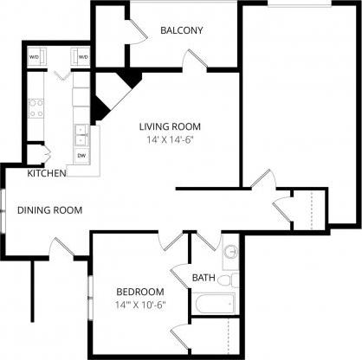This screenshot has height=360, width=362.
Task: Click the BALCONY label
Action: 181,31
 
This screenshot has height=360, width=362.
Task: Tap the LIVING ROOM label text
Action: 168,126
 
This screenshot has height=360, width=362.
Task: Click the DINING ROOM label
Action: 50,209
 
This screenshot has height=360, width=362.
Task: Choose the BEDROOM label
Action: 138,291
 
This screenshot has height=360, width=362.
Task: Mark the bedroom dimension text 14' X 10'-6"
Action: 138,305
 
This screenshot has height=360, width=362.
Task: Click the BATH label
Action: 204,278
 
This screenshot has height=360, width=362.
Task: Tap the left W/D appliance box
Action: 35,57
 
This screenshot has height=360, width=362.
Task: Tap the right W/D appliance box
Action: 83,57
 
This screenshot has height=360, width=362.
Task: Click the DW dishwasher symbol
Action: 81,156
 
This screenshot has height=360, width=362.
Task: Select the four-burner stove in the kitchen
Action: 36,108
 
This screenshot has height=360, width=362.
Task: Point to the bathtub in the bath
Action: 214,303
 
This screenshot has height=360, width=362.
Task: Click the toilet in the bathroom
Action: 228,280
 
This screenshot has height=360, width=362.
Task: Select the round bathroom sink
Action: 230,253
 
